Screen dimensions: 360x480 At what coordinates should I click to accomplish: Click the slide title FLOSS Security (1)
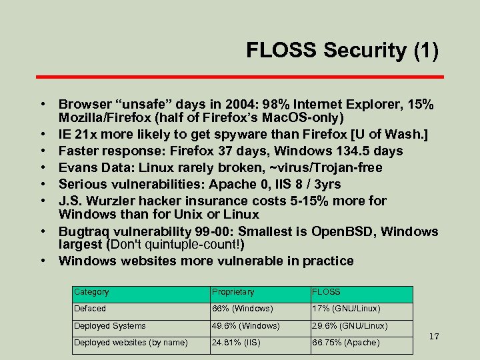tap(342, 50)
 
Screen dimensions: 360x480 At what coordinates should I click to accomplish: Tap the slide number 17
tap(434, 337)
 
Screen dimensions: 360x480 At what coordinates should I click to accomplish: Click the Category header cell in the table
tap(91, 292)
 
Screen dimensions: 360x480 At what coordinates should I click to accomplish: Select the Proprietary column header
tap(233, 292)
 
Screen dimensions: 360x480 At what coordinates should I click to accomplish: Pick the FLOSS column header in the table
tap(326, 292)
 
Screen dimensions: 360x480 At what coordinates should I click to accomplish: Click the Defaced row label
tap(90, 309)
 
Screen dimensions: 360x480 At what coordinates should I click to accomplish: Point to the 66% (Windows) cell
tap(242, 309)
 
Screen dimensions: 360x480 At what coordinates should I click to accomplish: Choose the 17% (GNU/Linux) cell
tap(345, 309)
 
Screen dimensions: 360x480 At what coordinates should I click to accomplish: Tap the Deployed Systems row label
tap(109, 326)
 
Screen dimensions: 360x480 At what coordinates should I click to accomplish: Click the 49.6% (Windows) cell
tap(245, 326)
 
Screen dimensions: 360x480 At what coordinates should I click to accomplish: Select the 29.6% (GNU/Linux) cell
tap(349, 326)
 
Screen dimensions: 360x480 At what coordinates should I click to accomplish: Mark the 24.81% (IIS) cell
tap(237, 343)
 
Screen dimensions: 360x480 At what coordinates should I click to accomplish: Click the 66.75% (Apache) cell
tap(345, 343)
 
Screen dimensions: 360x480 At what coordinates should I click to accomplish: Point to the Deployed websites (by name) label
tap(131, 343)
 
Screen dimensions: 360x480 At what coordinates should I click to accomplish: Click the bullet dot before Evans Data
tap(43, 167)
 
